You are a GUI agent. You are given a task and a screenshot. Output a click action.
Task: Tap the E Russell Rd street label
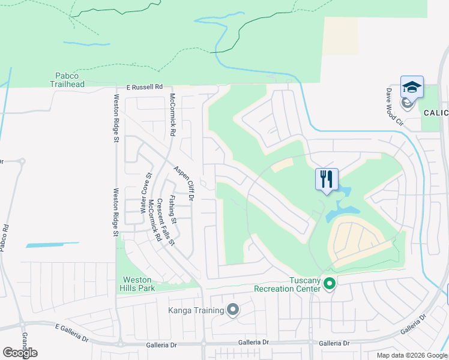pos(144,87)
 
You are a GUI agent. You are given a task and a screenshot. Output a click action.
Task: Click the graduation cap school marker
pos(412,88)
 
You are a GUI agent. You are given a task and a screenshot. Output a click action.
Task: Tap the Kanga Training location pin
pos(233,310)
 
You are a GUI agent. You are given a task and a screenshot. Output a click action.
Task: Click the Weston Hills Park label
pos(139,284)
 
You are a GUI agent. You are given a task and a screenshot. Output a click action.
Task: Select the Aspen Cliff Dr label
pos(185,183)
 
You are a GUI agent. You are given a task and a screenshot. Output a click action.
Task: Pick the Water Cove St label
pos(145,193)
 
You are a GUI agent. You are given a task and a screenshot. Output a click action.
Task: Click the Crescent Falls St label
pos(165,223)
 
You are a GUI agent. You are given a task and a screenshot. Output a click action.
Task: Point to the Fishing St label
pos(173,210)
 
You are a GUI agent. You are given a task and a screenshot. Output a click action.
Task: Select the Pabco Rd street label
pos(4,238)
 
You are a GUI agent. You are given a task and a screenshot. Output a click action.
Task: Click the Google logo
pos(20,353)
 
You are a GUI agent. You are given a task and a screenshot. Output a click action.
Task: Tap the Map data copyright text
pos(411,355)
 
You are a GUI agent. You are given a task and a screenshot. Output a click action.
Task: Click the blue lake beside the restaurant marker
pos(342,207)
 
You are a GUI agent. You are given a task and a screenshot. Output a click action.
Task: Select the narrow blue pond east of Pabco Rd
pos(52,245)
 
